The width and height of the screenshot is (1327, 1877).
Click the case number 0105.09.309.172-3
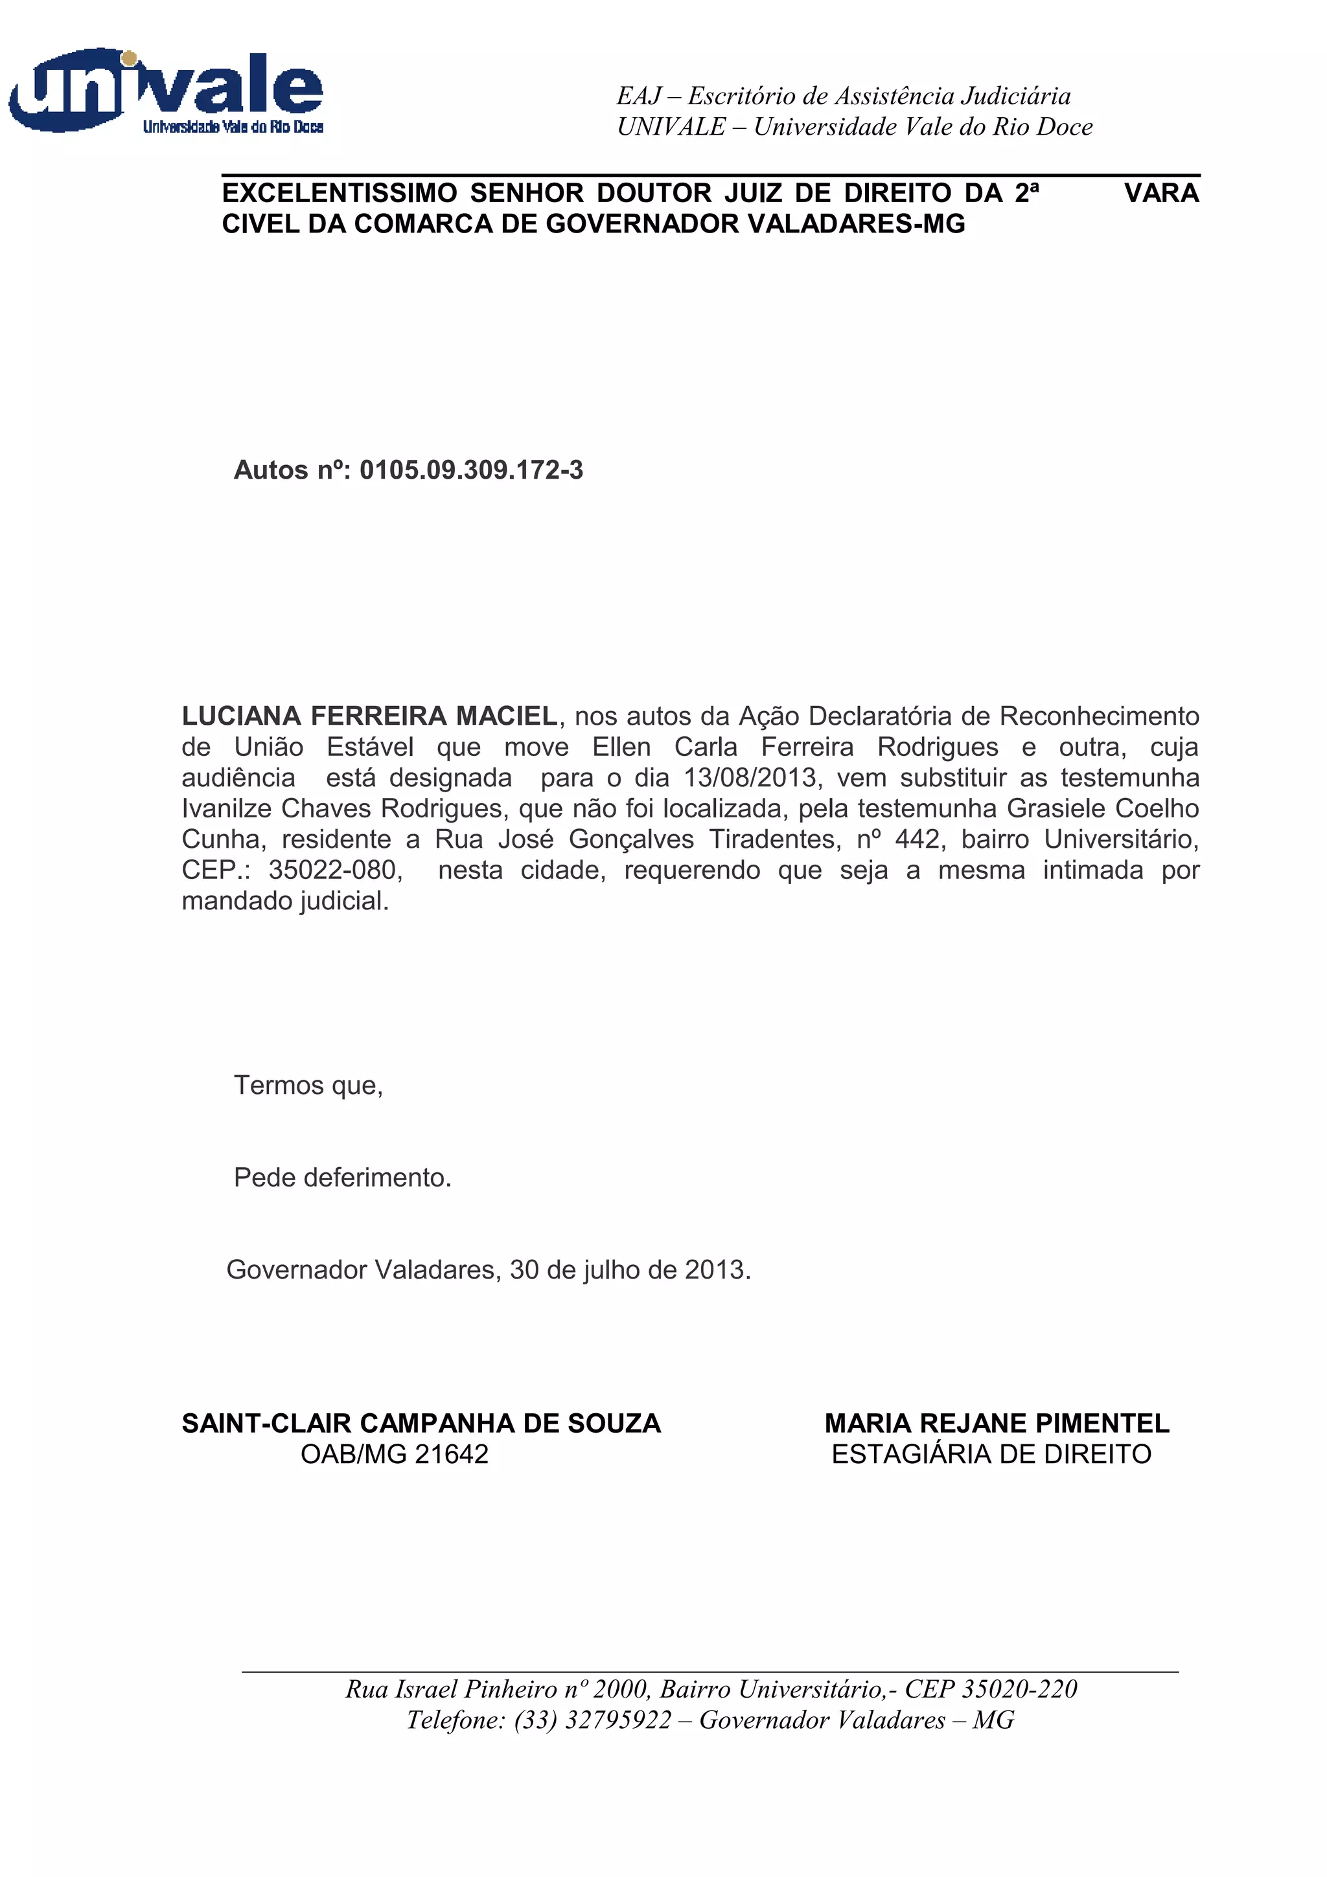click(x=471, y=470)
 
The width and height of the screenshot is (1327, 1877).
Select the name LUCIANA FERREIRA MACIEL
click(x=369, y=716)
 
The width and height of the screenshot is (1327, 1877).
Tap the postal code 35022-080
click(x=335, y=870)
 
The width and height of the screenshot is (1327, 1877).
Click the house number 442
click(x=917, y=839)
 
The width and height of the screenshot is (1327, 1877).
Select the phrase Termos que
click(x=307, y=1085)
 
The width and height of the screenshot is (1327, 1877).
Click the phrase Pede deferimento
click(x=343, y=1177)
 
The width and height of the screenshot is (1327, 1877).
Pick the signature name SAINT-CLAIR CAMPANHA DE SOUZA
click(x=421, y=1423)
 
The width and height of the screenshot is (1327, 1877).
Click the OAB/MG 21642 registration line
click(x=394, y=1454)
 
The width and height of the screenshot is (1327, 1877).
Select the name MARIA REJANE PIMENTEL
click(x=997, y=1423)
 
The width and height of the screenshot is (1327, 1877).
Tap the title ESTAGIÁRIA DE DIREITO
click(x=991, y=1454)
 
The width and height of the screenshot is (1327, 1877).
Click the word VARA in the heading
click(x=1161, y=193)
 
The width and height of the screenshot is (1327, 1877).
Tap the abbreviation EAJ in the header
click(x=639, y=97)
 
